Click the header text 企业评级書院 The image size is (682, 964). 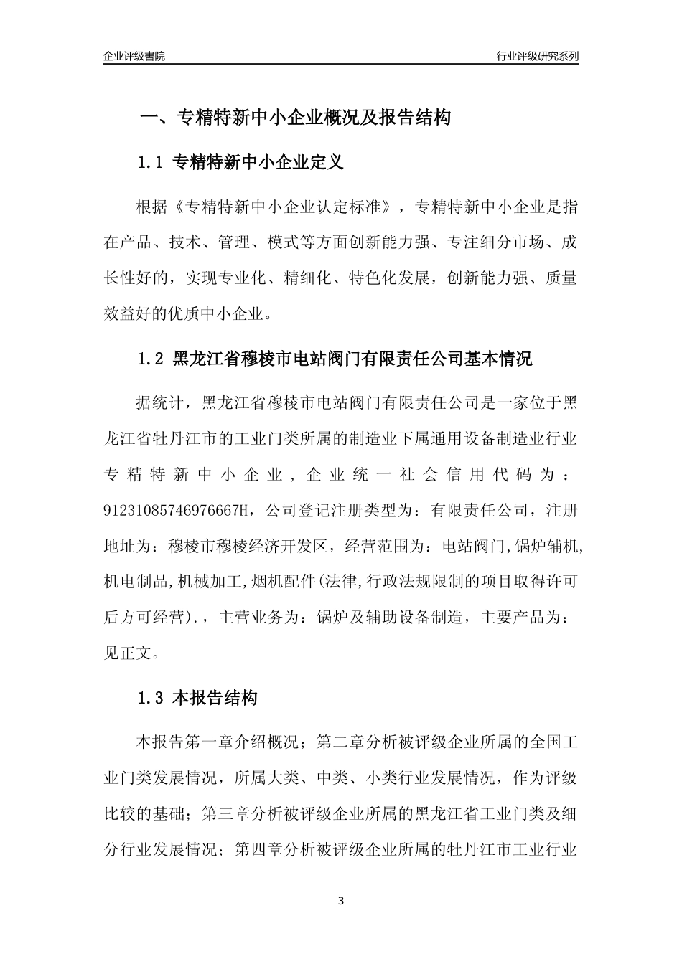[x=134, y=56]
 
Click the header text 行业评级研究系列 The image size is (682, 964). [x=537, y=56]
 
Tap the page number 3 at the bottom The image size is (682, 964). [x=341, y=901]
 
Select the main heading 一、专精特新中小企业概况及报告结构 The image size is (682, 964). [x=294, y=118]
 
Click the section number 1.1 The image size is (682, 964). [x=151, y=163]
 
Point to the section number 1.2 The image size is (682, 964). [x=151, y=359]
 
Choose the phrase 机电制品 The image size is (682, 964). [x=136, y=581]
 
